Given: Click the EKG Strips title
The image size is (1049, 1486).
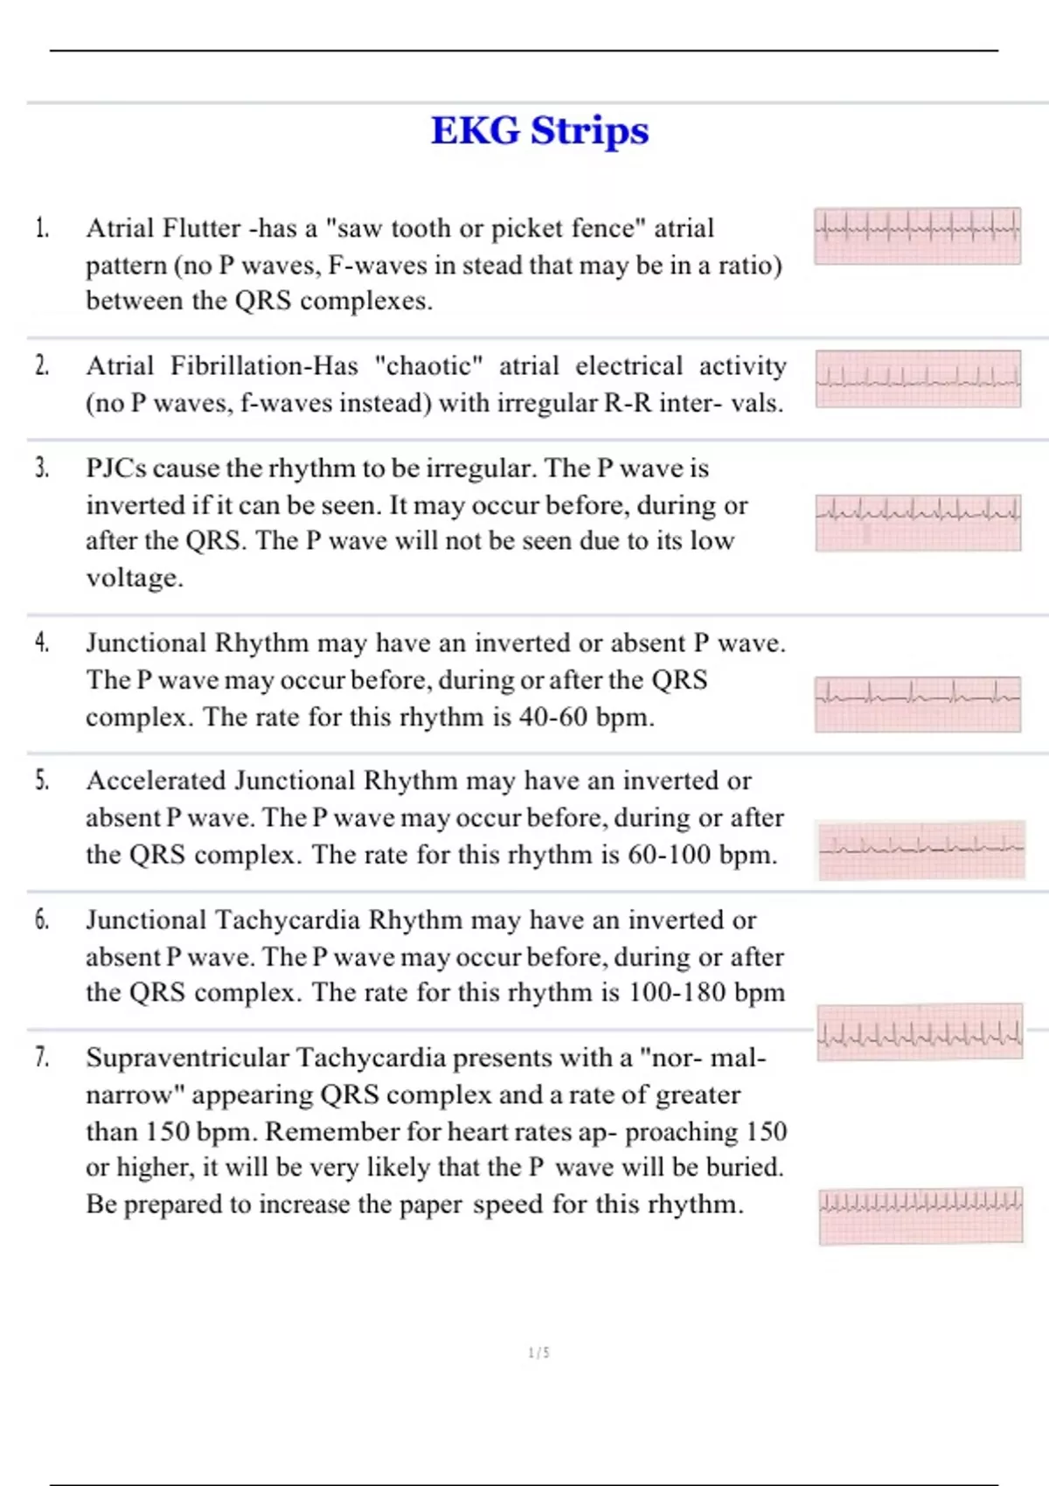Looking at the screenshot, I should tap(539, 131).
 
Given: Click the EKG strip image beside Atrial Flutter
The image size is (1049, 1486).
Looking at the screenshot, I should tap(917, 236).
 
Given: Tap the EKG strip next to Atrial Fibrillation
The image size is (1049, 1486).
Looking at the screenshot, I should tap(918, 378).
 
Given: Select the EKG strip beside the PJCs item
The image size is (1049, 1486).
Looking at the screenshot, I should tap(918, 523).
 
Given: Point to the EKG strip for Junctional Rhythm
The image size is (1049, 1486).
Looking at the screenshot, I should tap(918, 704).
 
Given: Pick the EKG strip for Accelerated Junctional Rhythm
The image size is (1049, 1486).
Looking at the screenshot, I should tap(921, 850).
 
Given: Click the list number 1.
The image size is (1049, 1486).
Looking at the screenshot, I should tap(42, 229).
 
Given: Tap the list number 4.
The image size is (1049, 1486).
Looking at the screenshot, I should tap(42, 643).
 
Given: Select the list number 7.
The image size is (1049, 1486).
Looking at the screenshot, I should tap(42, 1058).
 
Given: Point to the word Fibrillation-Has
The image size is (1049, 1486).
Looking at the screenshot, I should tap(264, 366).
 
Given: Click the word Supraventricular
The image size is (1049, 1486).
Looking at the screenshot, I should tap(187, 1059).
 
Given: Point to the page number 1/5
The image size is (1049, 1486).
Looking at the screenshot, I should tap(539, 1353).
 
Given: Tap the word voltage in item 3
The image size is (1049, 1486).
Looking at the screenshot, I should tap(134, 579).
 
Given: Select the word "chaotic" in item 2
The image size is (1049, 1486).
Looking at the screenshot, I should tap(428, 366).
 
